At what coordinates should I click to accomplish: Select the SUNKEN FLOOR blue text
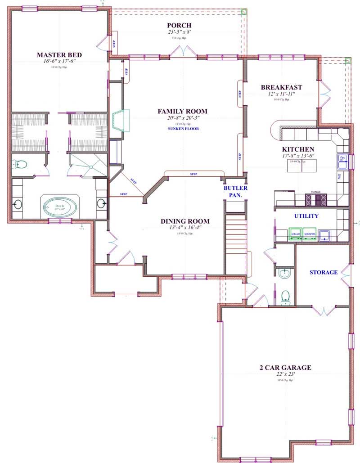(x=182, y=129)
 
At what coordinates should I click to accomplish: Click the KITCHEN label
(x=298, y=149)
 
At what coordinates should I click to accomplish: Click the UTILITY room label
(x=306, y=216)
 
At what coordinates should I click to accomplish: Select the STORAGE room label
(x=323, y=272)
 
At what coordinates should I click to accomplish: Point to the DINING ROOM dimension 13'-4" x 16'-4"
(x=184, y=228)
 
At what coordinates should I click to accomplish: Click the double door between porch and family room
(x=185, y=53)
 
